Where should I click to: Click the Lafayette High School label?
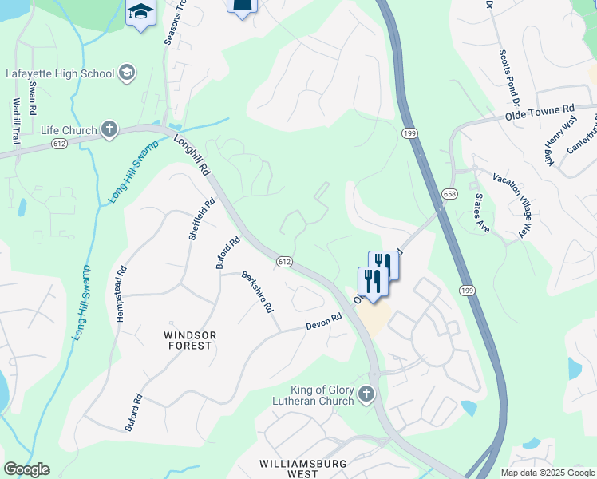click(60, 74)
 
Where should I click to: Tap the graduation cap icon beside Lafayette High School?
click(126, 74)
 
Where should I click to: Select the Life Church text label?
click(69, 129)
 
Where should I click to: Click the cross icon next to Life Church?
click(109, 129)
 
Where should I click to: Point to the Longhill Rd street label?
click(192, 155)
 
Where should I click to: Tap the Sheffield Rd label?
click(202, 219)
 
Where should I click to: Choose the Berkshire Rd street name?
click(258, 291)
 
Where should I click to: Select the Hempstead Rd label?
click(121, 294)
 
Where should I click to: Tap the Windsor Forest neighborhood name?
click(188, 340)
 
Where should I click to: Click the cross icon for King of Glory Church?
click(366, 394)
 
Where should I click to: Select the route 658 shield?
click(449, 194)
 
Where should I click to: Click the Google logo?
click(27, 469)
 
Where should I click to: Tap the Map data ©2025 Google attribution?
click(547, 473)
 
